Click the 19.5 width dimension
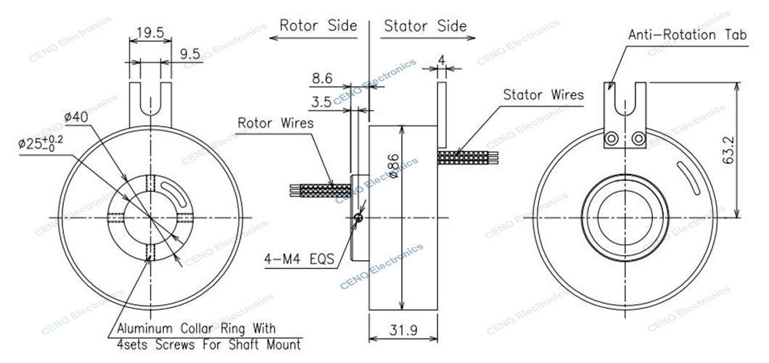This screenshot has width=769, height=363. pos(149,33)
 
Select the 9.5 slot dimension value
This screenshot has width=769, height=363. pos(189,54)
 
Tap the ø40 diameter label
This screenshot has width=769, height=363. pos(76,117)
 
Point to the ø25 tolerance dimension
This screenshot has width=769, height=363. pos(41,143)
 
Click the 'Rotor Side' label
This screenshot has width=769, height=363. pos(318,25)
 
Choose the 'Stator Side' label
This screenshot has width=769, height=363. pos(425,25)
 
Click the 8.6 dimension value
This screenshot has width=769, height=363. pos(322,78)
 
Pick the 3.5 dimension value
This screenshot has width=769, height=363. pos(321,102)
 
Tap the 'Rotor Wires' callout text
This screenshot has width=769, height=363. pos(275,123)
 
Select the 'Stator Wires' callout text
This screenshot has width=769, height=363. pos(543,94)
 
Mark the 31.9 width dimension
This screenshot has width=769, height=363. pos(403,330)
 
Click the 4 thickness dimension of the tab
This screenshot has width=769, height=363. pos(441,59)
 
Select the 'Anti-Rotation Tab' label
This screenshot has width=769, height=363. pos(688,35)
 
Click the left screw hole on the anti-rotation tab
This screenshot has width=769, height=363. pos(612,139)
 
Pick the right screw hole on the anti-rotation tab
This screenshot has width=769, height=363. pos(638,139)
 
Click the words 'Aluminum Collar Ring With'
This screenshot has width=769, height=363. pos(196,328)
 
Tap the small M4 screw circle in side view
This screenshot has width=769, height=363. pos(359,219)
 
